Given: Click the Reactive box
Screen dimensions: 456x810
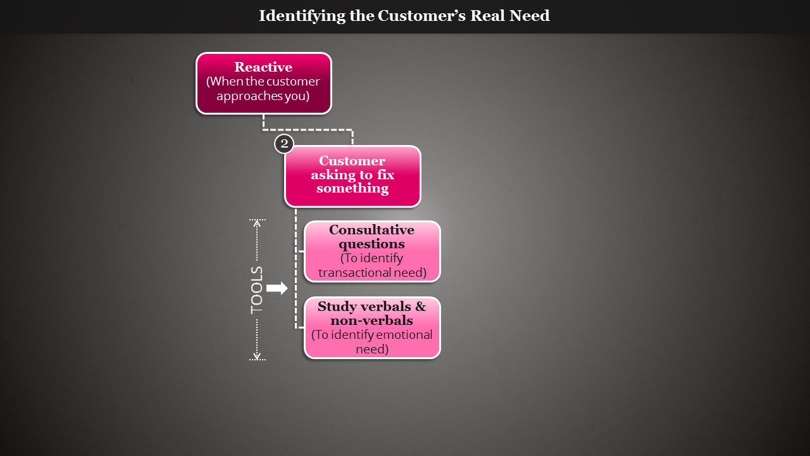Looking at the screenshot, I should pos(263,83).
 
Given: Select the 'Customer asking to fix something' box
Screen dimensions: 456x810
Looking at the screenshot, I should pos(352,176).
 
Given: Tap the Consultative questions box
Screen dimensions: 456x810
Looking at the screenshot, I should pos(372,251).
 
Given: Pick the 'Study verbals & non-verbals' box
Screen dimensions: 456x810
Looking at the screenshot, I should pos(372,327).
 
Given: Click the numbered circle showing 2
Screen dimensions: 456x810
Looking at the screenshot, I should pos(284,144).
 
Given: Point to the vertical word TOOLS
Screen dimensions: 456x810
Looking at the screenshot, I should pos(257,289).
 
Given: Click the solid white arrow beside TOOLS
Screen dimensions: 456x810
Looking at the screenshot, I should pos(277,288).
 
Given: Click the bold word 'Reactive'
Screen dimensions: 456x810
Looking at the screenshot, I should pos(263,67).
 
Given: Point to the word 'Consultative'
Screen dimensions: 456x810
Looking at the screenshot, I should pos(372,230).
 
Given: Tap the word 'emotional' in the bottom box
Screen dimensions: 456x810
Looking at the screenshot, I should pos(403,335).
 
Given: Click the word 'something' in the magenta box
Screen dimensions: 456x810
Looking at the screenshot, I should pos(352,189).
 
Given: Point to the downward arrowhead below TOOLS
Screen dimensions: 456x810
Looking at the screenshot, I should pos(257,356).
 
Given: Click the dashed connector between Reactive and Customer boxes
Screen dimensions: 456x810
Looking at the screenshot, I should pos(308,130).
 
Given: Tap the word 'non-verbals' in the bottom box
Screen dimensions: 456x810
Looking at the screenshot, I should pos(371,321).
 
